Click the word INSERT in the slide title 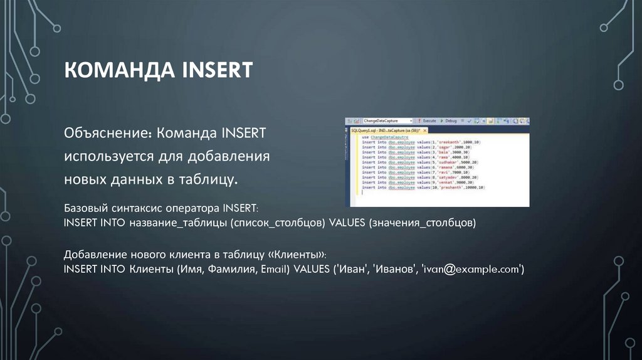tap(217, 70)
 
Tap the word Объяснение tap(107, 134)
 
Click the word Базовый tap(86, 207)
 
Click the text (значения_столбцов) tap(423, 223)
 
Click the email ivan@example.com tap(471, 270)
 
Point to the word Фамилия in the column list tap(221, 270)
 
